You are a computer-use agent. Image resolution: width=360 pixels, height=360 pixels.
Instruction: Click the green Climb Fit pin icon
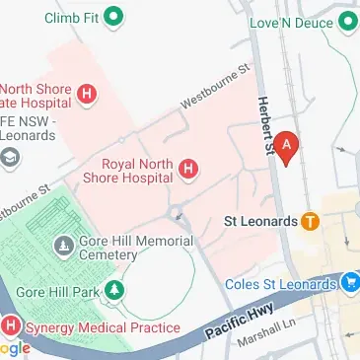[x=113, y=16]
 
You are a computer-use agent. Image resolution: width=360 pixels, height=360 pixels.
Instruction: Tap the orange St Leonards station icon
[x=310, y=221]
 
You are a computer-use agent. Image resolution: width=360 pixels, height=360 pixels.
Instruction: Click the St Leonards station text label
[x=261, y=221]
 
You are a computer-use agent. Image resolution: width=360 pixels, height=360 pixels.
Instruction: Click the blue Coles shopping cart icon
[x=349, y=285]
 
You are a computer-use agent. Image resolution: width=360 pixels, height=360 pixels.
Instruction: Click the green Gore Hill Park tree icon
[x=115, y=292]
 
